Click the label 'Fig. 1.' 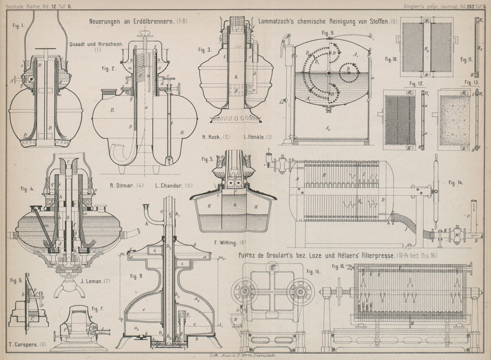(x=18, y=26)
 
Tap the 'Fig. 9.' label (x=327, y=33)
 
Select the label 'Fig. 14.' (x=457, y=183)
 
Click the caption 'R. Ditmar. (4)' (x=126, y=185)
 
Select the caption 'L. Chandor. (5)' (x=175, y=185)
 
